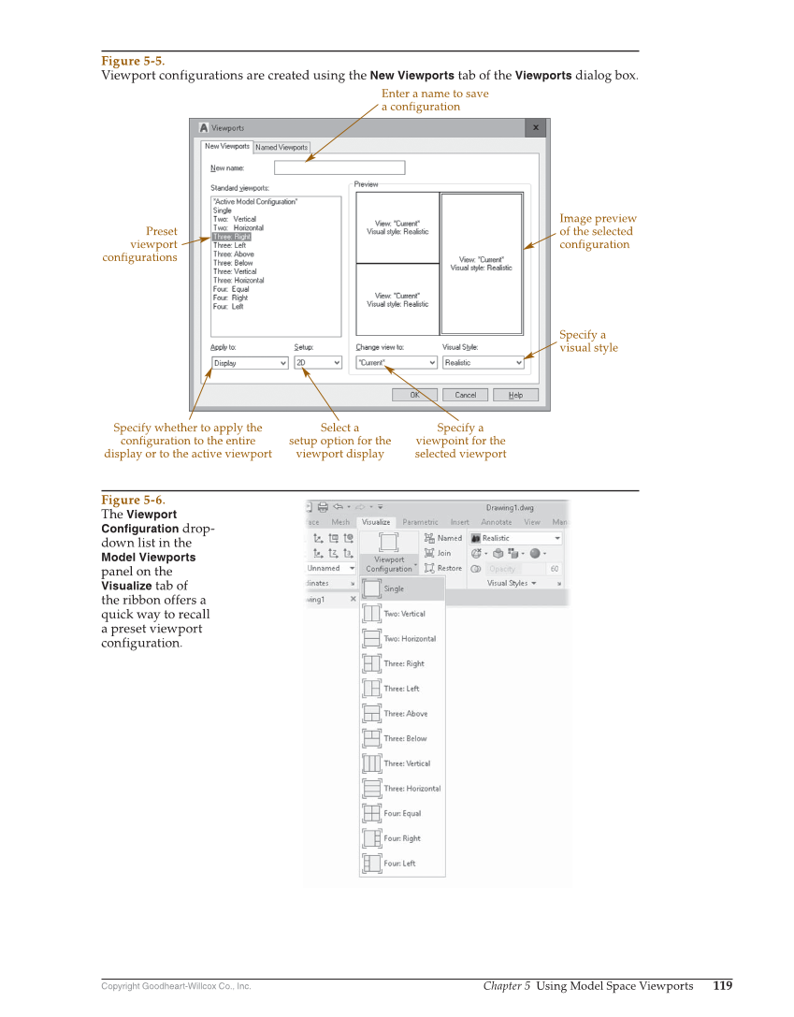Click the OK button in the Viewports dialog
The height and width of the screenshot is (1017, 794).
(x=415, y=395)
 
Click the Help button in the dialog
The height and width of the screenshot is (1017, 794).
(x=515, y=395)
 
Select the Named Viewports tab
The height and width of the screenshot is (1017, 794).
(x=282, y=147)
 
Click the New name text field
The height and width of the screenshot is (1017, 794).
(x=339, y=167)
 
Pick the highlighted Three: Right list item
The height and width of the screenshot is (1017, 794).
(x=231, y=237)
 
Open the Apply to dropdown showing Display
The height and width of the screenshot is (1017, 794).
(x=249, y=363)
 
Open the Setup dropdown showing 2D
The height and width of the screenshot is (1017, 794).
(x=318, y=363)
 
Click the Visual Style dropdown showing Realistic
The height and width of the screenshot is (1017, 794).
(x=484, y=363)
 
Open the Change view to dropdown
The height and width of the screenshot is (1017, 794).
(x=397, y=363)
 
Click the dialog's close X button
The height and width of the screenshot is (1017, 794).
(x=536, y=127)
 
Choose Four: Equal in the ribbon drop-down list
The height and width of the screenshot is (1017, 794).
(x=402, y=814)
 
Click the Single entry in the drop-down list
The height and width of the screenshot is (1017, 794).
(x=394, y=589)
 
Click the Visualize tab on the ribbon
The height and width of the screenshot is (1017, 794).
(x=376, y=522)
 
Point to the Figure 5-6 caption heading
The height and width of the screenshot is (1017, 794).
(x=132, y=500)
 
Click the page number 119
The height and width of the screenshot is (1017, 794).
(x=722, y=985)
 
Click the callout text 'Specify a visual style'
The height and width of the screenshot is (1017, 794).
(x=588, y=341)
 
